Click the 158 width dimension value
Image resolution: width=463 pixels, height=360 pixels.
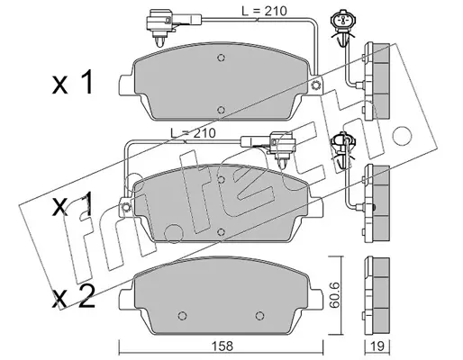pos(223,346)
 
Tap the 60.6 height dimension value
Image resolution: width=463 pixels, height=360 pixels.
pos(334,294)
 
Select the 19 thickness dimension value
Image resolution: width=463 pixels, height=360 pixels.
pos(377,346)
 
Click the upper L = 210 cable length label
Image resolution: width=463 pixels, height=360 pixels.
pos(264,11)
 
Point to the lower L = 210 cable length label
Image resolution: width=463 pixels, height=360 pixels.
pos(193,133)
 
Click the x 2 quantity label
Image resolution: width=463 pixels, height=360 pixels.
pos(74,297)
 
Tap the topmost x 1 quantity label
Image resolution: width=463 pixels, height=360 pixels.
pos(73,83)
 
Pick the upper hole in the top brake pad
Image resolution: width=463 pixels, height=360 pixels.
pos(221,58)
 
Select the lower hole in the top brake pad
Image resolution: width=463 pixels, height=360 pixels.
pos(221,110)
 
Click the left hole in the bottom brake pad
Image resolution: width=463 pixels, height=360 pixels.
pos(182,316)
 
